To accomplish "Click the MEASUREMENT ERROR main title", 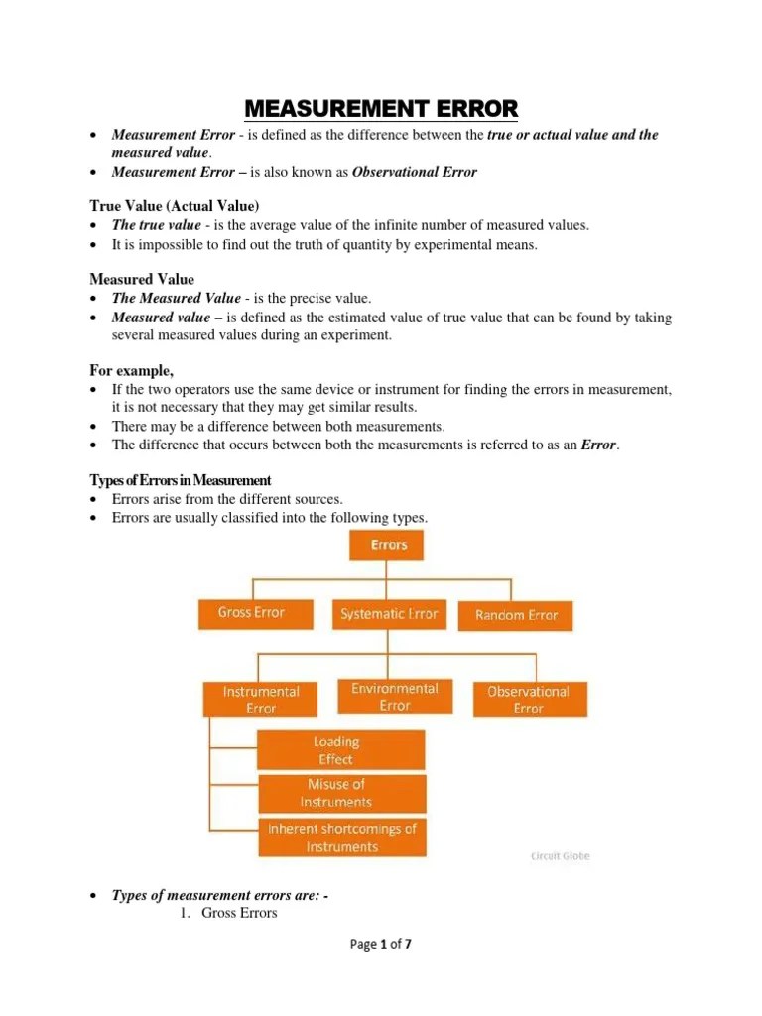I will pos(381,107).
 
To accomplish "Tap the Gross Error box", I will pos(251,613).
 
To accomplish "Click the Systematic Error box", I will pos(388,615).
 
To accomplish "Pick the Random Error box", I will pos(516,616).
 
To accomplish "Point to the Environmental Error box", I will pos(394,697).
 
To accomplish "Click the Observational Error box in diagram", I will pos(528,699).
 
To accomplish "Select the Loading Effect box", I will pos(336,750).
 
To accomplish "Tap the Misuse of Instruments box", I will pos(336,793).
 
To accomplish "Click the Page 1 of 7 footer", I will pos(381,945).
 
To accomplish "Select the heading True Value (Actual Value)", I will pos(174,205).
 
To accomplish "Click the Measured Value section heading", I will pos(142,279).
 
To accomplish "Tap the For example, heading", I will pos(132,370).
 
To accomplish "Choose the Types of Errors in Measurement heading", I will pos(180,480).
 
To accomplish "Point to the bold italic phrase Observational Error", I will pos(415,172).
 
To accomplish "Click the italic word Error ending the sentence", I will pos(598,444).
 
